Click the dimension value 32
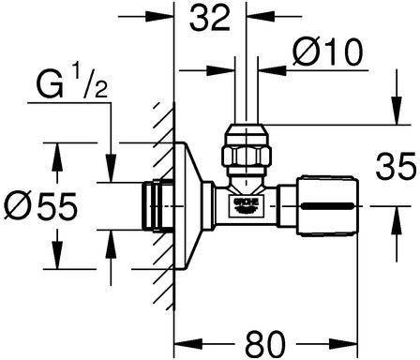pos(210,18)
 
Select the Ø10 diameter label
pos(328,52)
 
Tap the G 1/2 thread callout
pos(72,82)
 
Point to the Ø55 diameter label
pos(40,205)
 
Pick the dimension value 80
pos(265,342)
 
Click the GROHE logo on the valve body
pos(247,205)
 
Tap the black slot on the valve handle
pos(328,206)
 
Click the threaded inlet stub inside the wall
pos(157,205)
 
